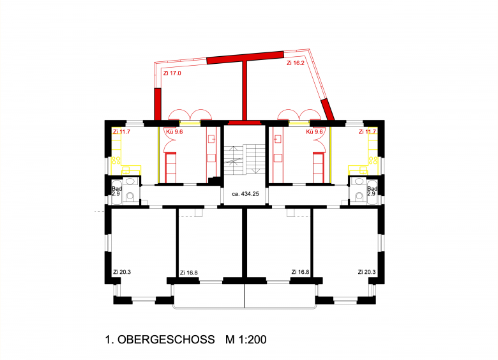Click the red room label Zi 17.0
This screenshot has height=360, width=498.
pyautogui.click(x=172, y=73)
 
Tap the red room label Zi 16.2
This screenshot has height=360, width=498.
pyautogui.click(x=296, y=63)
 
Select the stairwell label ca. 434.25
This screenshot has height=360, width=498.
pyautogui.click(x=245, y=193)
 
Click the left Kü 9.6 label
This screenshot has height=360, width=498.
pyautogui.click(x=174, y=131)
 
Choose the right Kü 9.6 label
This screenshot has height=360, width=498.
pyautogui.click(x=314, y=131)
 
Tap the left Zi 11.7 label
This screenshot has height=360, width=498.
pyautogui.click(x=121, y=131)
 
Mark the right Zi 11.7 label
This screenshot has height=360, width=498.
pyautogui.click(x=367, y=131)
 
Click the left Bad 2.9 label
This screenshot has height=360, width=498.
pyautogui.click(x=117, y=191)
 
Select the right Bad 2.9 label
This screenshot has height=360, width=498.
pyautogui.click(x=372, y=191)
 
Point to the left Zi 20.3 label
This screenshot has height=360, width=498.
pyautogui.click(x=122, y=272)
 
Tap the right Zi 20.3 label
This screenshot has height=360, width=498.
pyautogui.click(x=367, y=272)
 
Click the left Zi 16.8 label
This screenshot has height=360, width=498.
pyautogui.click(x=188, y=273)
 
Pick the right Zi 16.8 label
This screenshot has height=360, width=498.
pyautogui.click(x=301, y=272)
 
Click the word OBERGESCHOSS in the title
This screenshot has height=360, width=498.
pyautogui.click(x=166, y=340)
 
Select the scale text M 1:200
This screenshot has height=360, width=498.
pyautogui.click(x=246, y=340)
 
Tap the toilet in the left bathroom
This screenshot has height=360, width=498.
pyautogui.click(x=130, y=197)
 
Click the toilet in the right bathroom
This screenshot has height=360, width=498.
pyautogui.click(x=359, y=197)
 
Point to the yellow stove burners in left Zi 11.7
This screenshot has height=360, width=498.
pyautogui.click(x=116, y=161)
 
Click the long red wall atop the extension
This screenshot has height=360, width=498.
pyautogui.click(x=245, y=57)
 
